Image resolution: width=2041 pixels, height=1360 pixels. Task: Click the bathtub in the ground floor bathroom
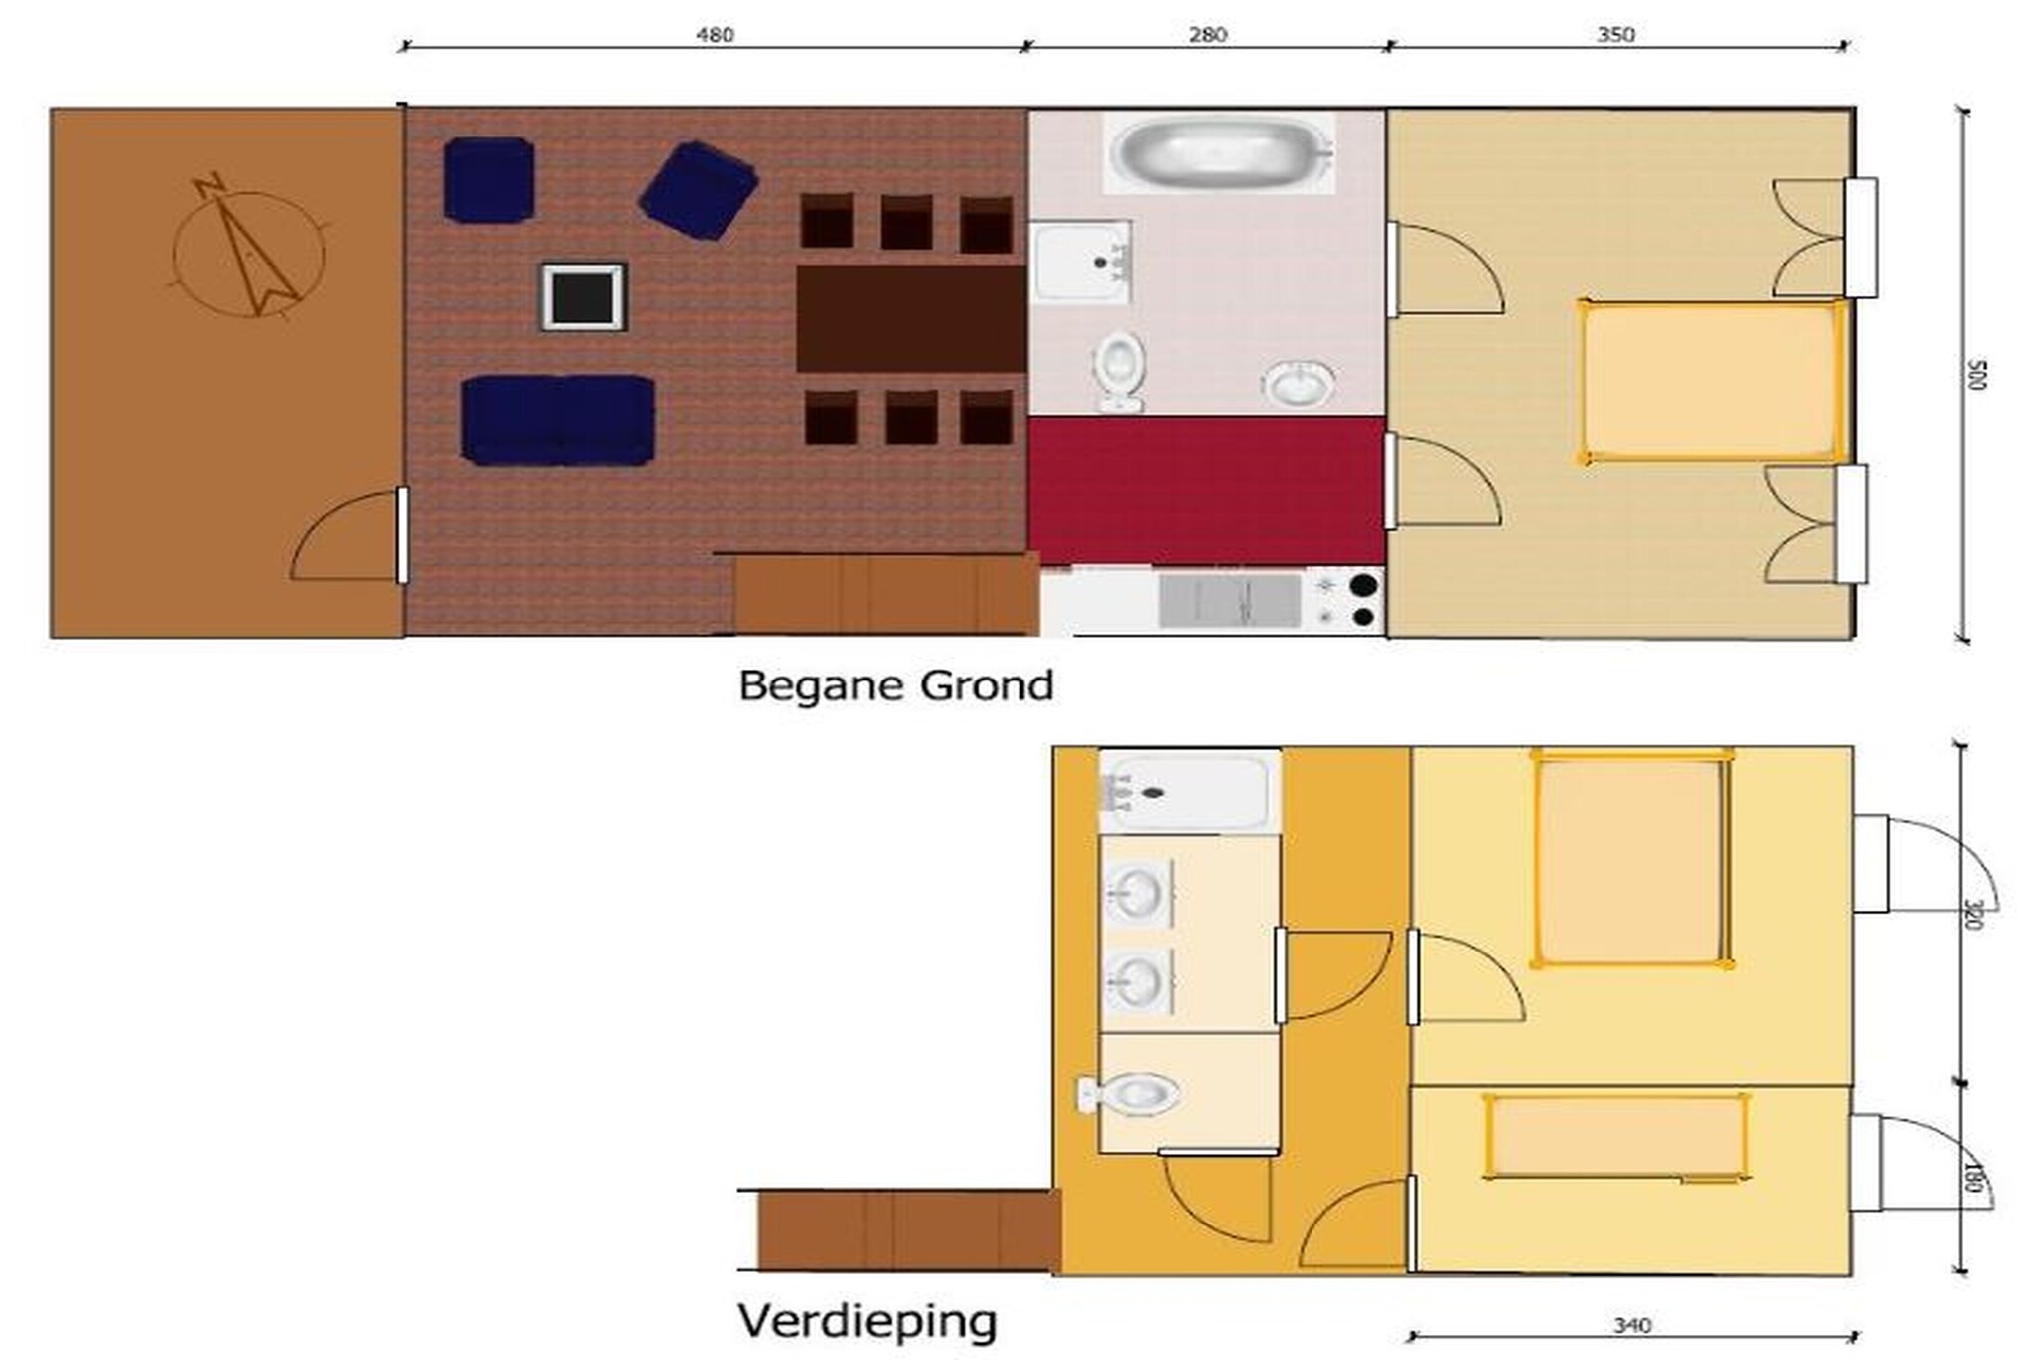point(1220,151)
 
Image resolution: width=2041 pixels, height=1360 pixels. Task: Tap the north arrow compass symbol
point(247,249)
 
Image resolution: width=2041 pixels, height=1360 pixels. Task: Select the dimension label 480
point(714,35)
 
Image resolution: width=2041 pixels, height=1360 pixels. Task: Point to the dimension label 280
point(1207,35)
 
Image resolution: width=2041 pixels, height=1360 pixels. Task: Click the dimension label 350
point(1615,35)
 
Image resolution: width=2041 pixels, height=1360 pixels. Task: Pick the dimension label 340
point(1632,1325)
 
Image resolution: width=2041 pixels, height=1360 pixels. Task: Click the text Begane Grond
point(896,685)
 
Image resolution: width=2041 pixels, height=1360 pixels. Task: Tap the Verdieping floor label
point(867,1321)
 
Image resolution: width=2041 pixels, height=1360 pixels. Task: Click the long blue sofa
point(558,419)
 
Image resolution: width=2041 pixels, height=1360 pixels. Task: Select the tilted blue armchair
point(699,190)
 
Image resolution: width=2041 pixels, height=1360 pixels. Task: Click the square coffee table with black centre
point(583,297)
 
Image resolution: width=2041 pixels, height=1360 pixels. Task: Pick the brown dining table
point(911,319)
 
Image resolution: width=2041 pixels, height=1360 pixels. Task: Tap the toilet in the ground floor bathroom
point(1120,372)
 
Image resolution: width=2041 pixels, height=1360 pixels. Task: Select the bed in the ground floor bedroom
point(1711,383)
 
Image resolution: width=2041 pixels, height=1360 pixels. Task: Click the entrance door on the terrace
point(401,535)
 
